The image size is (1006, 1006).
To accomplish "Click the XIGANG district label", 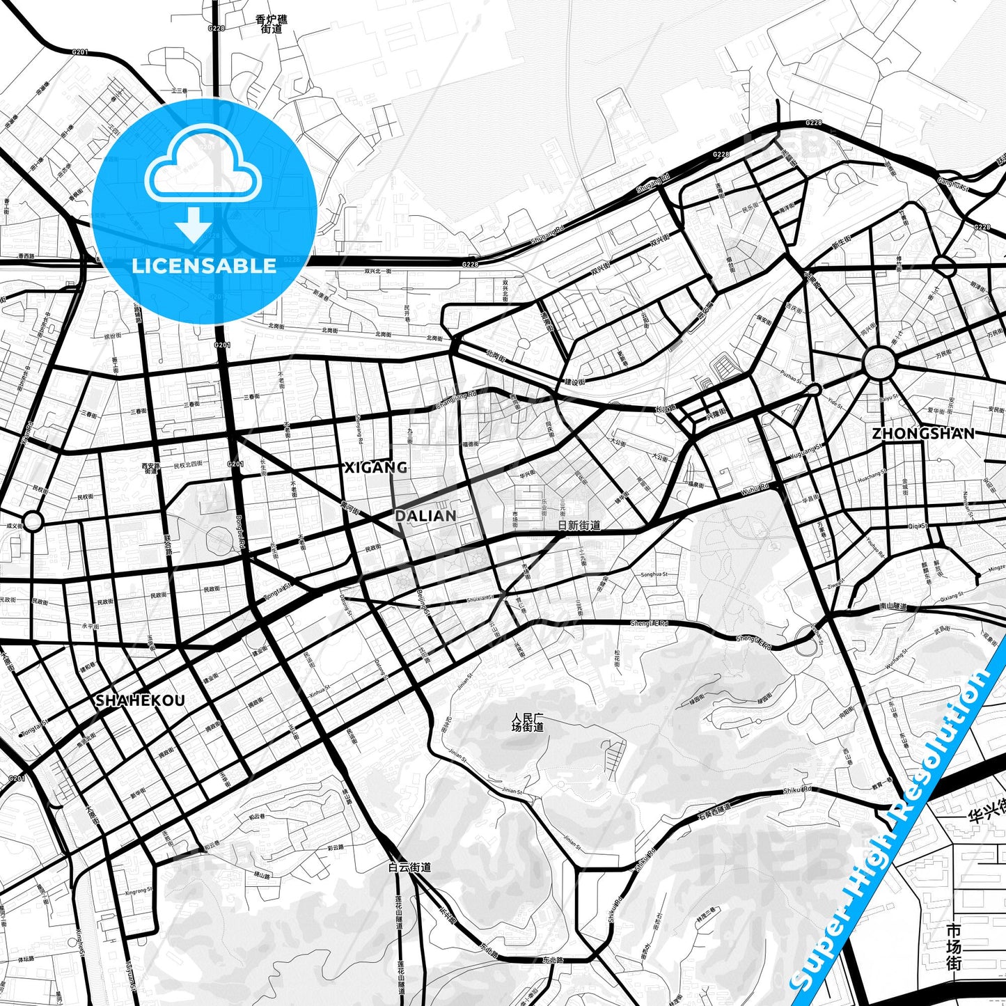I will click(x=376, y=467).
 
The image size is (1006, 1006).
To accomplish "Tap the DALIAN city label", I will click(x=425, y=516).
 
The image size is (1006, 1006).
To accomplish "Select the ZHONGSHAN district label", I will click(x=923, y=433).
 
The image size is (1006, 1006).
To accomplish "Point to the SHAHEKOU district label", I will click(x=140, y=700).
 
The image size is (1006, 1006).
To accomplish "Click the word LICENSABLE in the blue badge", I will click(x=204, y=266).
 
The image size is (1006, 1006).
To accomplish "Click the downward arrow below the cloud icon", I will click(x=194, y=224).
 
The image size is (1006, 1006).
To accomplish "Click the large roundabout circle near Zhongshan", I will click(x=879, y=363).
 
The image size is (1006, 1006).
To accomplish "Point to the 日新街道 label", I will click(x=579, y=526).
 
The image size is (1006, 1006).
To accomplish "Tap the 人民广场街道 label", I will click(x=528, y=722).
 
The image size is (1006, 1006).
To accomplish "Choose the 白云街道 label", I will click(x=409, y=867).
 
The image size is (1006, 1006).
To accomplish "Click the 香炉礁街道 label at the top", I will click(x=272, y=24).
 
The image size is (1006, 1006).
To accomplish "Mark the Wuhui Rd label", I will click(x=755, y=490).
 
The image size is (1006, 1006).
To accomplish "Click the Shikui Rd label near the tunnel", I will click(x=797, y=790).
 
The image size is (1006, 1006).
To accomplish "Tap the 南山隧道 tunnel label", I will click(x=893, y=606).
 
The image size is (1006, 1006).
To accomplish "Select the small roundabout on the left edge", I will click(x=33, y=520).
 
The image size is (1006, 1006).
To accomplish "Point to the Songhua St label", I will click(x=654, y=574).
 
